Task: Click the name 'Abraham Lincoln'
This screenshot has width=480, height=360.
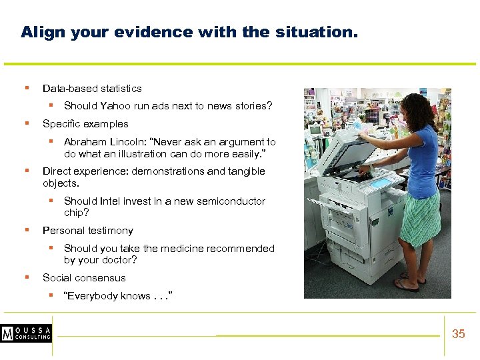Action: click(x=100, y=142)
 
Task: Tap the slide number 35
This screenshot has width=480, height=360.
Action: click(x=458, y=334)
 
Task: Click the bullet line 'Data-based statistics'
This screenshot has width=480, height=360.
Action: click(x=92, y=88)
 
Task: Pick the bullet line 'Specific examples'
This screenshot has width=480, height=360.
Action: click(x=85, y=124)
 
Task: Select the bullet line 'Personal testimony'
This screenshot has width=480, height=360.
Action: click(x=87, y=231)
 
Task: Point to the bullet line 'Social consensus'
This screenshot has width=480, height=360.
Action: click(x=84, y=278)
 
